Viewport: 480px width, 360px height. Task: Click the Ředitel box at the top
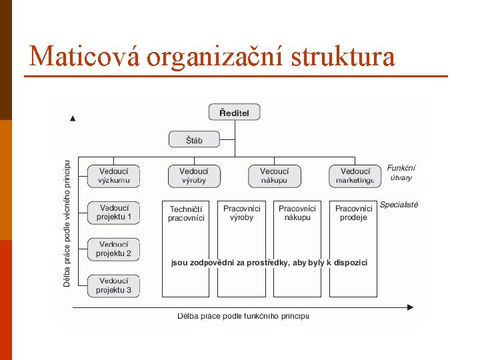click(234, 113)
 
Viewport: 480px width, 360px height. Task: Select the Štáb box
click(194, 140)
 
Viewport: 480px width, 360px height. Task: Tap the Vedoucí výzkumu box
click(114, 176)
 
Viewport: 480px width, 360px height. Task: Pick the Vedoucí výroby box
click(193, 176)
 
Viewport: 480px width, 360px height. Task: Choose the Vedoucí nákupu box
click(275, 176)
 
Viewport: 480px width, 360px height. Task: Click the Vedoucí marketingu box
click(355, 176)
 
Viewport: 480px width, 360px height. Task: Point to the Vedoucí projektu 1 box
click(114, 213)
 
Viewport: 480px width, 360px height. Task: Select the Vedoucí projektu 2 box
click(114, 249)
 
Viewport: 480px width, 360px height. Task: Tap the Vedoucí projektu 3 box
click(114, 286)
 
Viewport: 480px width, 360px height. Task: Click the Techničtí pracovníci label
click(187, 213)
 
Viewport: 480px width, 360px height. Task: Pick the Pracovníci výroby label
click(242, 213)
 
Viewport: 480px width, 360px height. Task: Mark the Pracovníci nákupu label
click(297, 213)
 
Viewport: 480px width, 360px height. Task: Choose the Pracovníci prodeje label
click(353, 213)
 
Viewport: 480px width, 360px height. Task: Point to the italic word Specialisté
click(399, 205)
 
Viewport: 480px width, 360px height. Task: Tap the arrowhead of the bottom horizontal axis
click(410, 307)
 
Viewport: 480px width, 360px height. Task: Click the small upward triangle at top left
click(73, 119)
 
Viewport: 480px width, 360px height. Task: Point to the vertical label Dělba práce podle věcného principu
click(67, 223)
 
